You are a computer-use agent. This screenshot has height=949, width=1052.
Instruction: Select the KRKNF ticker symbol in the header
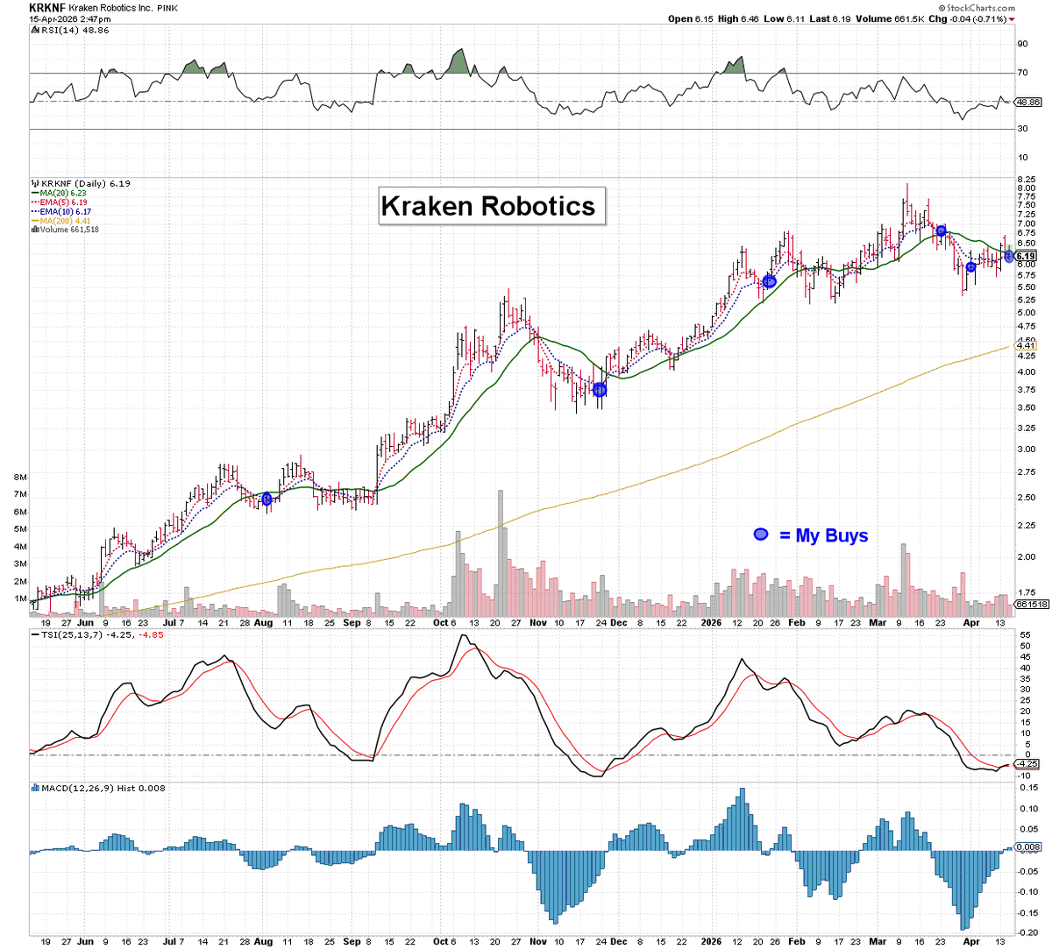[x=46, y=8]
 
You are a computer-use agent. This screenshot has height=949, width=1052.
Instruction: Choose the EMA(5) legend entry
[x=63, y=202]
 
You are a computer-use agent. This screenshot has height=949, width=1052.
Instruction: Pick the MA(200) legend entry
[x=64, y=221]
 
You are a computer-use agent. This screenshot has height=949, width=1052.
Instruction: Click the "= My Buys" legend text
[x=823, y=535]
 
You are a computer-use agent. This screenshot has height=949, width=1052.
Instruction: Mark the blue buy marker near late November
[x=600, y=389]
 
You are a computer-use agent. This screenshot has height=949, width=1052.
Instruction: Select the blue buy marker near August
[x=267, y=499]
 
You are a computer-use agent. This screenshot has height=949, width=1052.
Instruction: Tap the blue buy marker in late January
[x=769, y=281]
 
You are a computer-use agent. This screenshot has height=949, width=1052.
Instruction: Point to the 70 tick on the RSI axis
[x=1022, y=73]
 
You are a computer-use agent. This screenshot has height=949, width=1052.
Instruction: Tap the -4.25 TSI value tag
[x=1027, y=764]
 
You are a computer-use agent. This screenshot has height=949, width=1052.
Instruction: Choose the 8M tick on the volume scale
[x=20, y=478]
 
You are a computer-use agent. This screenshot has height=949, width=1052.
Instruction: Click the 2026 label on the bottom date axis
[x=713, y=941]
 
